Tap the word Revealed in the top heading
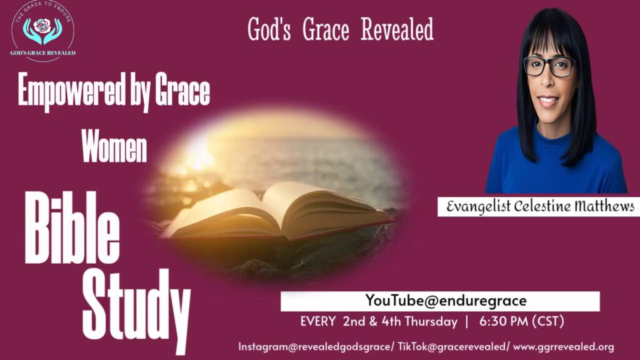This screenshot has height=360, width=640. pyautogui.click(x=397, y=29)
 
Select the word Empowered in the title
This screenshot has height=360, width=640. pyautogui.click(x=71, y=91)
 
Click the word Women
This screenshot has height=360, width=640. pyautogui.click(x=114, y=146)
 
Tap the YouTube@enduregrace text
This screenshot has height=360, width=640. pyautogui.click(x=446, y=301)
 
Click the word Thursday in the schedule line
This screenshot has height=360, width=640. pyautogui.click(x=431, y=322)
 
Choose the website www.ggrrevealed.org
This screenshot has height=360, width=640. pyautogui.click(x=564, y=347)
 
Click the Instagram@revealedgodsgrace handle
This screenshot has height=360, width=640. pyautogui.click(x=314, y=347)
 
